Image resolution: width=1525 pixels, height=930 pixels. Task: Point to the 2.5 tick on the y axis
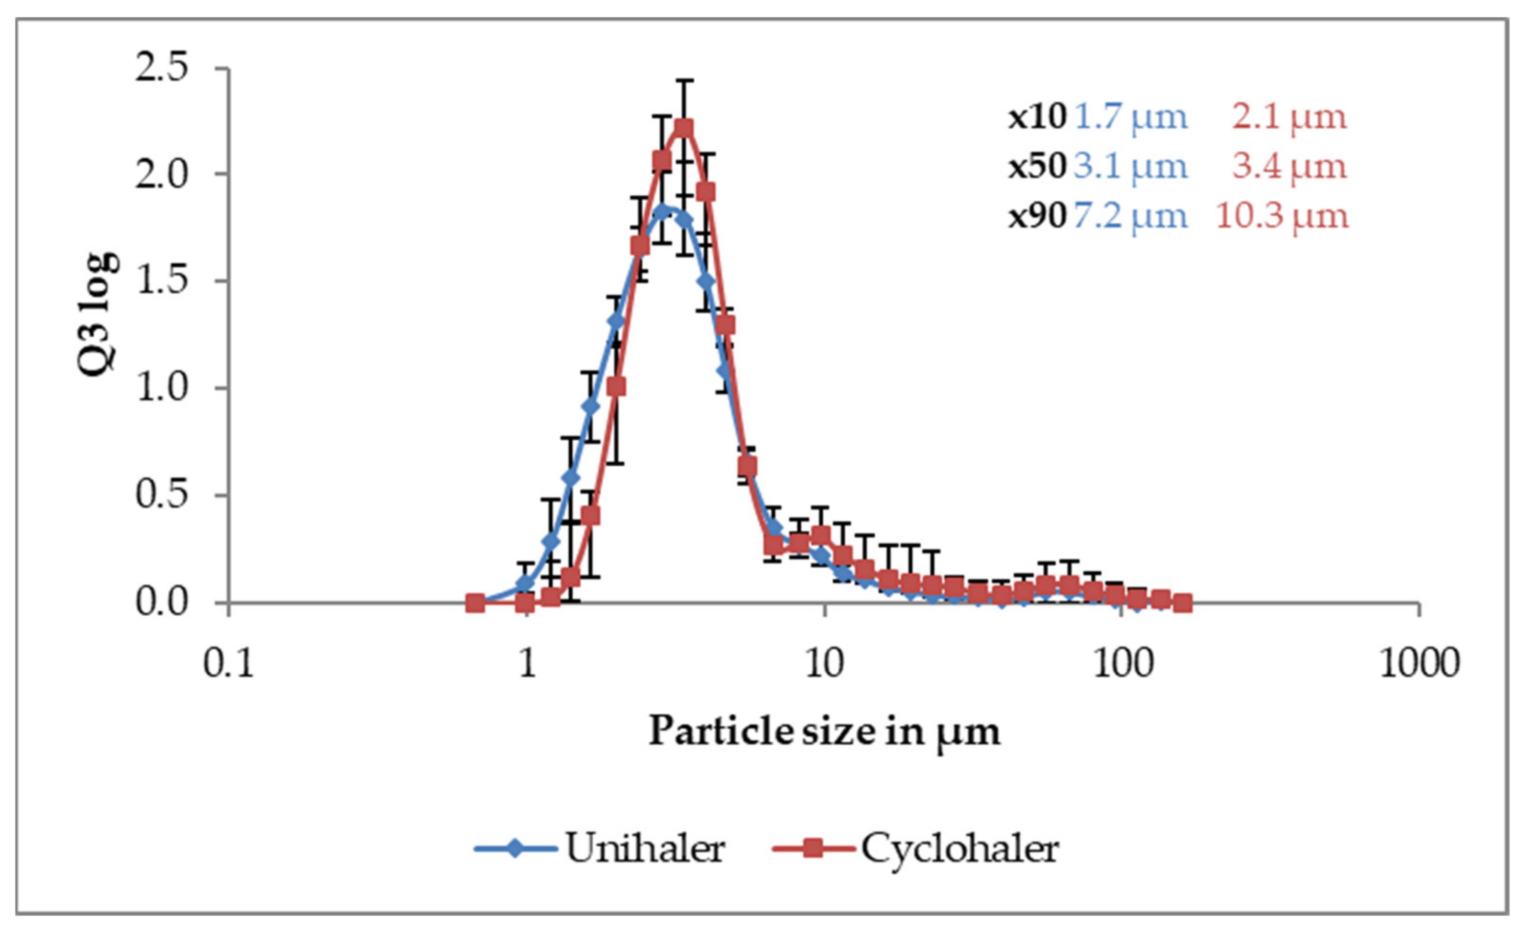162,67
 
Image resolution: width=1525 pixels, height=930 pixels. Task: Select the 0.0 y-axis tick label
162,602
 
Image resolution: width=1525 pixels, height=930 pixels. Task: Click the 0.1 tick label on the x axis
230,664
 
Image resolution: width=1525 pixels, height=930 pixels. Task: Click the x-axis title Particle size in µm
824,732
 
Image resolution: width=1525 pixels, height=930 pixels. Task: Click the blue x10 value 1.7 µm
1131,117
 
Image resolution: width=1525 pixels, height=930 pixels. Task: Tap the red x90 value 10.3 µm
1282,216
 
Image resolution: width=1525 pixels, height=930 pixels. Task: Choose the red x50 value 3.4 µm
1289,166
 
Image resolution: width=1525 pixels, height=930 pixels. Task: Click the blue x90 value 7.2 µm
1131,216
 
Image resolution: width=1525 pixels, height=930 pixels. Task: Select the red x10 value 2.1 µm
1289,117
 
